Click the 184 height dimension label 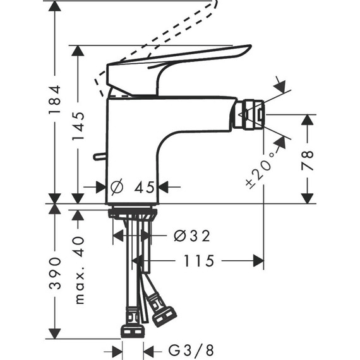56,100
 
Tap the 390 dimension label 56,273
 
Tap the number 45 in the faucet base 143,187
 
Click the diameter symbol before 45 116,187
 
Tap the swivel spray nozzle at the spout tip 244,114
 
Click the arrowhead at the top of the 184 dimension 56,8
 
